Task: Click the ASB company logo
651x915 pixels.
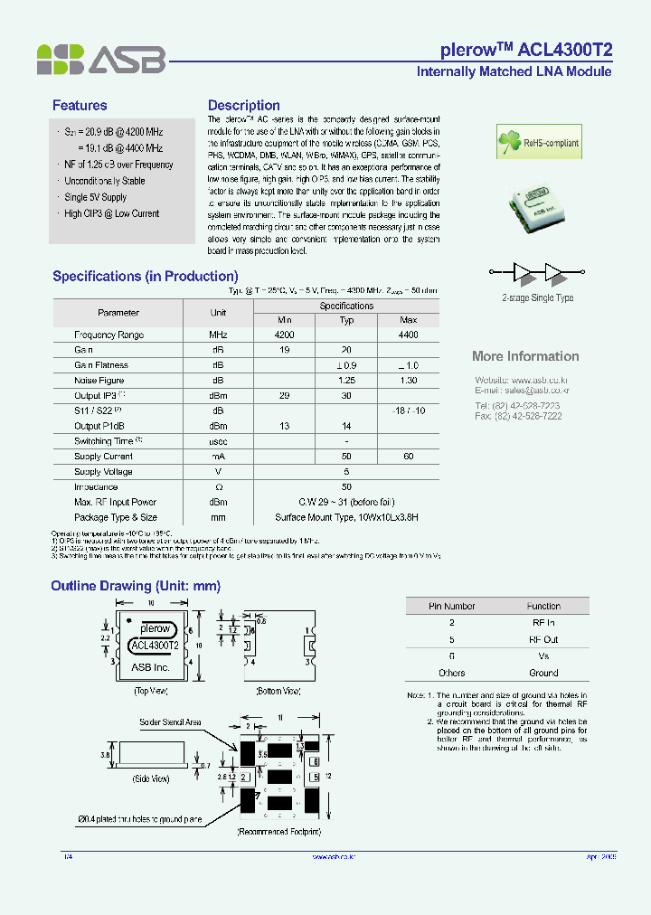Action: (100, 59)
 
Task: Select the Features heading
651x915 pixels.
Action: (80, 106)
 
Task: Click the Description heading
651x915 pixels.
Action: (243, 106)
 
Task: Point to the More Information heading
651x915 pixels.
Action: (525, 356)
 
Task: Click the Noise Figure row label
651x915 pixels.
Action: (99, 381)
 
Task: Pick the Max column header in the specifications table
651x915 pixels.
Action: (408, 320)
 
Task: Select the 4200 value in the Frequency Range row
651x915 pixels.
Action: (285, 335)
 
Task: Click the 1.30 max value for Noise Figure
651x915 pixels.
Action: (408, 381)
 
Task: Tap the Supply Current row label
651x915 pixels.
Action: (104, 457)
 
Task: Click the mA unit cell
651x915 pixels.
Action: (218, 457)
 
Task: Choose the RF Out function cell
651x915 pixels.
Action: (543, 639)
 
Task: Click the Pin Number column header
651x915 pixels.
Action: (451, 606)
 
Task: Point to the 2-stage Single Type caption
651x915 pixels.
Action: (537, 297)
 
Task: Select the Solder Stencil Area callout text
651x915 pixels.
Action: (170, 722)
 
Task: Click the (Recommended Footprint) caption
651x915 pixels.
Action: (278, 830)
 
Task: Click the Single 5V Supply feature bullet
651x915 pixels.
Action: (96, 197)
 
